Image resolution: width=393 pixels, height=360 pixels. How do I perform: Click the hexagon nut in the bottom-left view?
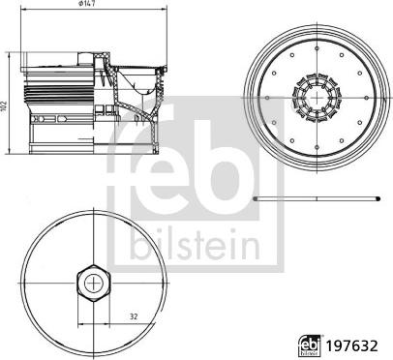click(92, 282)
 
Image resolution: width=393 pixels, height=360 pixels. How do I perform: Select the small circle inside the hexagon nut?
click(92, 282)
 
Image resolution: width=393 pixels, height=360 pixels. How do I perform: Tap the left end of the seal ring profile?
click(255, 198)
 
